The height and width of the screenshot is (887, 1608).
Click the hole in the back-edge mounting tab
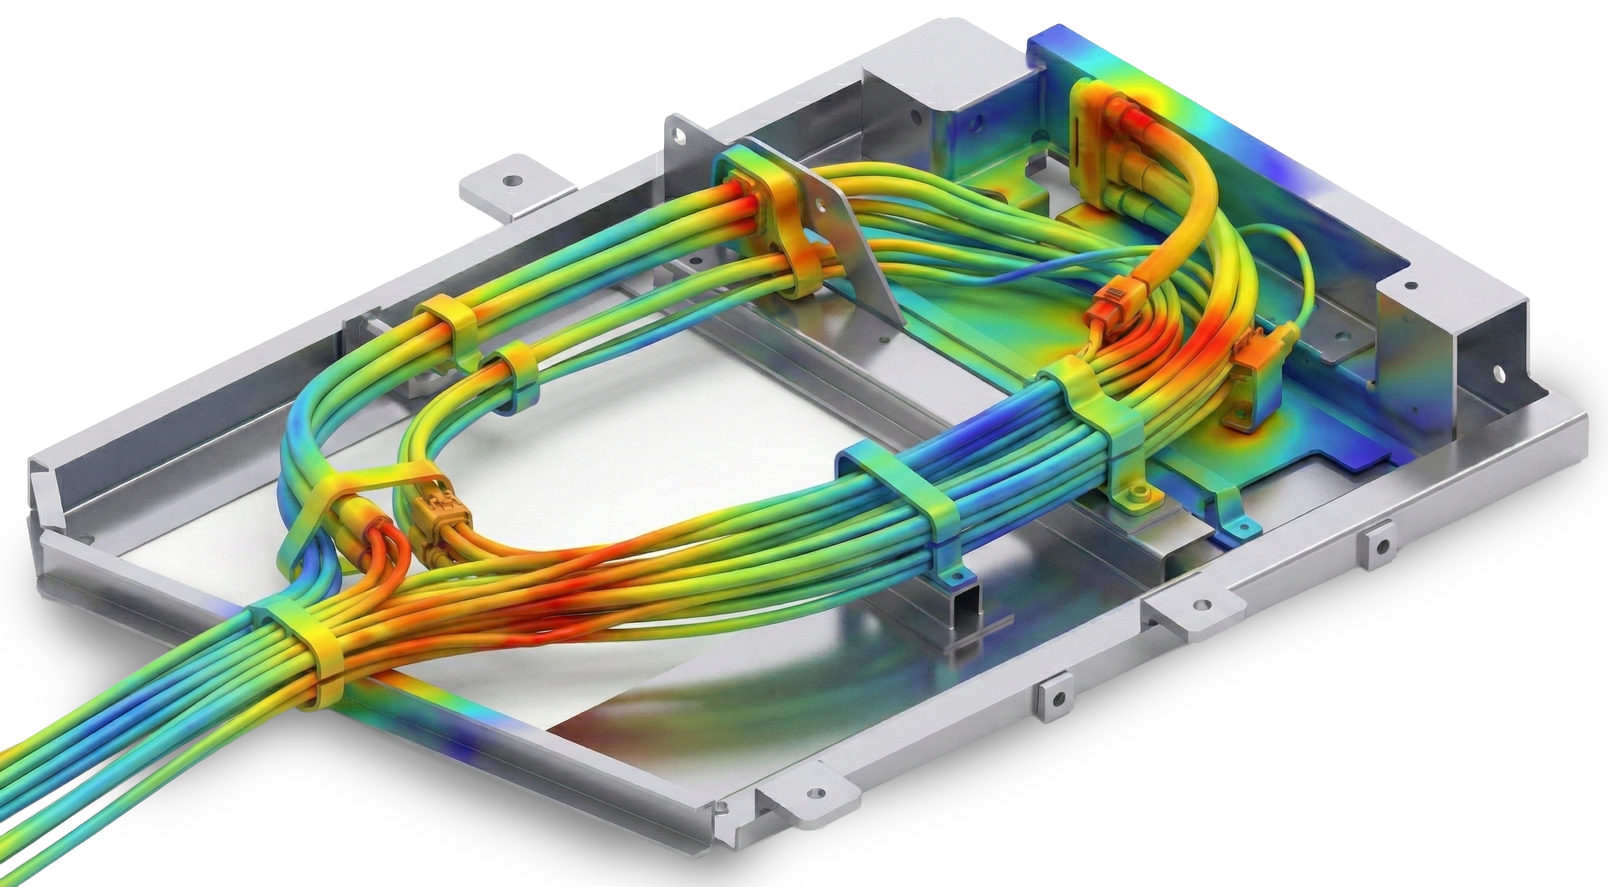512,180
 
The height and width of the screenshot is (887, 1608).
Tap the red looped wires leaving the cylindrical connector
387,549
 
